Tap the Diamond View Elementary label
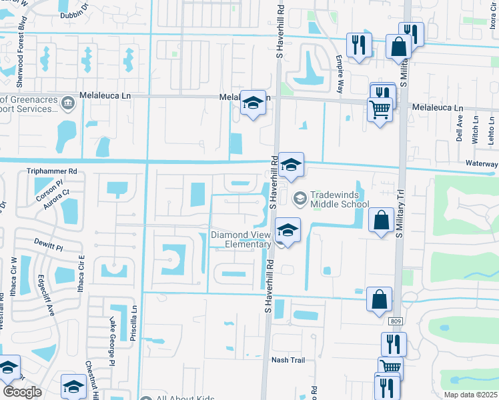[241, 239]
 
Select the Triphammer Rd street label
[52, 171]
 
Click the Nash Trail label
[288, 360]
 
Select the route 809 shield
[395, 322]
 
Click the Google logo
[22, 392]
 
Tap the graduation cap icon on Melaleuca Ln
[253, 103]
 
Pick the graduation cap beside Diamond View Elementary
[288, 230]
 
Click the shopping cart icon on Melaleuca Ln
[380, 109]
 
